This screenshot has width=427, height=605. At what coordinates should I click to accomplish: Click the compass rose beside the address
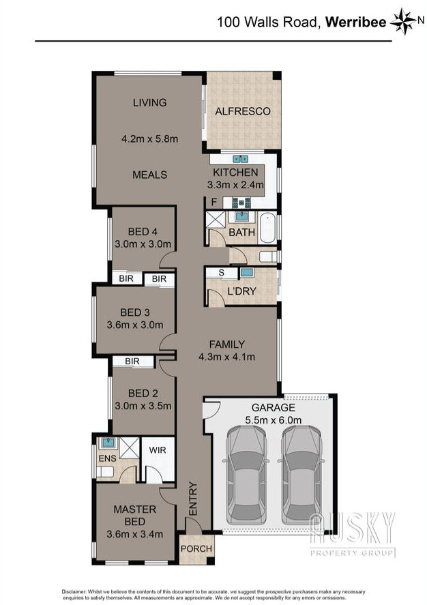404,21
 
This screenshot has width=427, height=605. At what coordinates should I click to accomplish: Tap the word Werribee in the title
355,22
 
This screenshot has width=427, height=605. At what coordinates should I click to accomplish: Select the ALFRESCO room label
243,111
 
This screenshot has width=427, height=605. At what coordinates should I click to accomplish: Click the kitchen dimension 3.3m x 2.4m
235,185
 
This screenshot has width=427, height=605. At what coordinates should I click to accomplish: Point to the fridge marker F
214,202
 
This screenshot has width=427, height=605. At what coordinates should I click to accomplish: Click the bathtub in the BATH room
267,228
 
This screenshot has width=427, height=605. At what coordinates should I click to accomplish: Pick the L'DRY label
241,291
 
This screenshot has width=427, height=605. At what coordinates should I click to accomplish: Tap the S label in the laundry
222,273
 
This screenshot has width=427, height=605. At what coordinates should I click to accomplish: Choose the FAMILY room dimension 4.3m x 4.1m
227,357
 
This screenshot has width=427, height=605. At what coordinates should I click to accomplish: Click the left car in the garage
247,475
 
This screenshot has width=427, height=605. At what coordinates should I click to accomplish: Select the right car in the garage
301,475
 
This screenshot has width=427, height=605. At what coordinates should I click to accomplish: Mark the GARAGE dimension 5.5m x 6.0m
273,419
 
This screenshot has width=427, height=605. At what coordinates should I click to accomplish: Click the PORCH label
196,548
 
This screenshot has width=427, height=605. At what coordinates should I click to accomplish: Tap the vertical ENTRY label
193,499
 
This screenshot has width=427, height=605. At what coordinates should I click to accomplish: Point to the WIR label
158,450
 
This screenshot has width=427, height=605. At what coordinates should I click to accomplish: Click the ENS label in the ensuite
107,458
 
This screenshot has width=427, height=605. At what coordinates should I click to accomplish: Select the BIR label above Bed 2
132,361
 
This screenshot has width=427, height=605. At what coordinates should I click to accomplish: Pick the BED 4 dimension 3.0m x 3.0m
143,244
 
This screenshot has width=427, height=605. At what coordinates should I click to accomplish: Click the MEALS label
149,175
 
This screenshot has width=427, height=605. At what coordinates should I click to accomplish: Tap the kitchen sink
240,158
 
